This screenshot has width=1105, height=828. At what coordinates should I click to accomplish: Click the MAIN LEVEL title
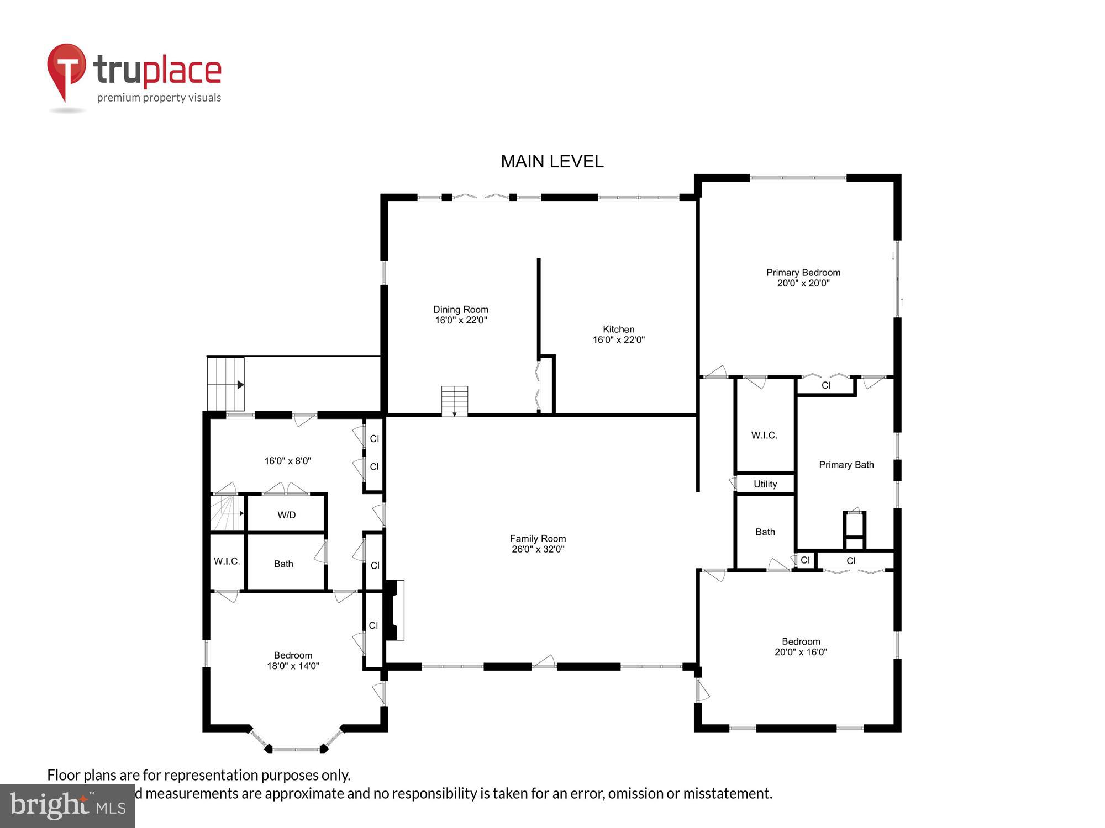pos(551,161)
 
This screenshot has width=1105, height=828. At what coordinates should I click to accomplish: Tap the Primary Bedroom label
pos(803,278)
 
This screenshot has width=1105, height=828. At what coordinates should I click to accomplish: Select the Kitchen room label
pos(618,335)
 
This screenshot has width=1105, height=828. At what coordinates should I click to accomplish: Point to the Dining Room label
pos(460,315)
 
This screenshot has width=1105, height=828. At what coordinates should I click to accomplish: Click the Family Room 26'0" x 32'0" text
pos(538,544)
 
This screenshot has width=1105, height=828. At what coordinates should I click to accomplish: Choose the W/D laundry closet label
pos(286,515)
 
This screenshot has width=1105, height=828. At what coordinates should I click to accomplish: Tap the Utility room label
pos(765,484)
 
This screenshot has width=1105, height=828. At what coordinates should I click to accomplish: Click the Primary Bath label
pos(846,465)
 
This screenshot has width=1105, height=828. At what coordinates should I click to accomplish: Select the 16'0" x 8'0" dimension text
pos(287,461)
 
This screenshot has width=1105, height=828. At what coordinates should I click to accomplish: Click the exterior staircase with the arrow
pos(225,384)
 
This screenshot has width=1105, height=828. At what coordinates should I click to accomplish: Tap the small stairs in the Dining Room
pos(454,401)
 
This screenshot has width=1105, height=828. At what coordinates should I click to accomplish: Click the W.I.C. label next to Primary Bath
pos(764,436)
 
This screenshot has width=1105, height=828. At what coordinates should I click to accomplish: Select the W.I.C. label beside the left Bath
pos(227,561)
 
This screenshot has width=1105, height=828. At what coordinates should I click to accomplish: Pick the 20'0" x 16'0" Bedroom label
pos(801,646)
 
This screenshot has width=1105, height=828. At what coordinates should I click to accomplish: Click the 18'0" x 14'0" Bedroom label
pos(293,660)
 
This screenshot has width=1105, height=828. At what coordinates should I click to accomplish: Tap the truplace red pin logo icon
pos(67,69)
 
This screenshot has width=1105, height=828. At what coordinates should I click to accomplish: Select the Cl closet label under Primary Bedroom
pos(825,385)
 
